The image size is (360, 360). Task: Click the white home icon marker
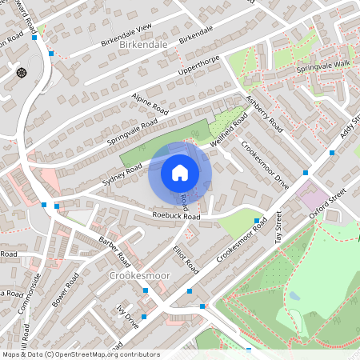180,172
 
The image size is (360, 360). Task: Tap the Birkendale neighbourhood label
143,45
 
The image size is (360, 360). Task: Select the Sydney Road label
122,174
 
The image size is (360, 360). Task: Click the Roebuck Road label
176,216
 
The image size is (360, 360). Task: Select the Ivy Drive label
127,313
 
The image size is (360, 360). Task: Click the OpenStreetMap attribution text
80,354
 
